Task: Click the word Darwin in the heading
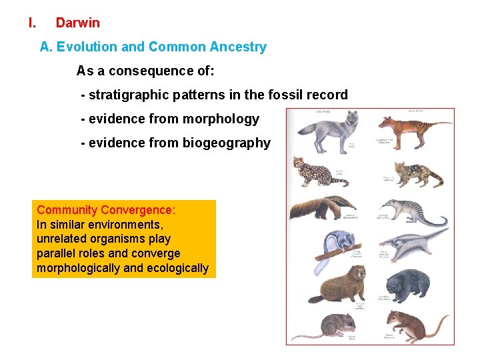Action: point(78,23)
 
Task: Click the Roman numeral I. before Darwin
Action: point(32,23)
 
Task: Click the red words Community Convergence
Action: point(106,210)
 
